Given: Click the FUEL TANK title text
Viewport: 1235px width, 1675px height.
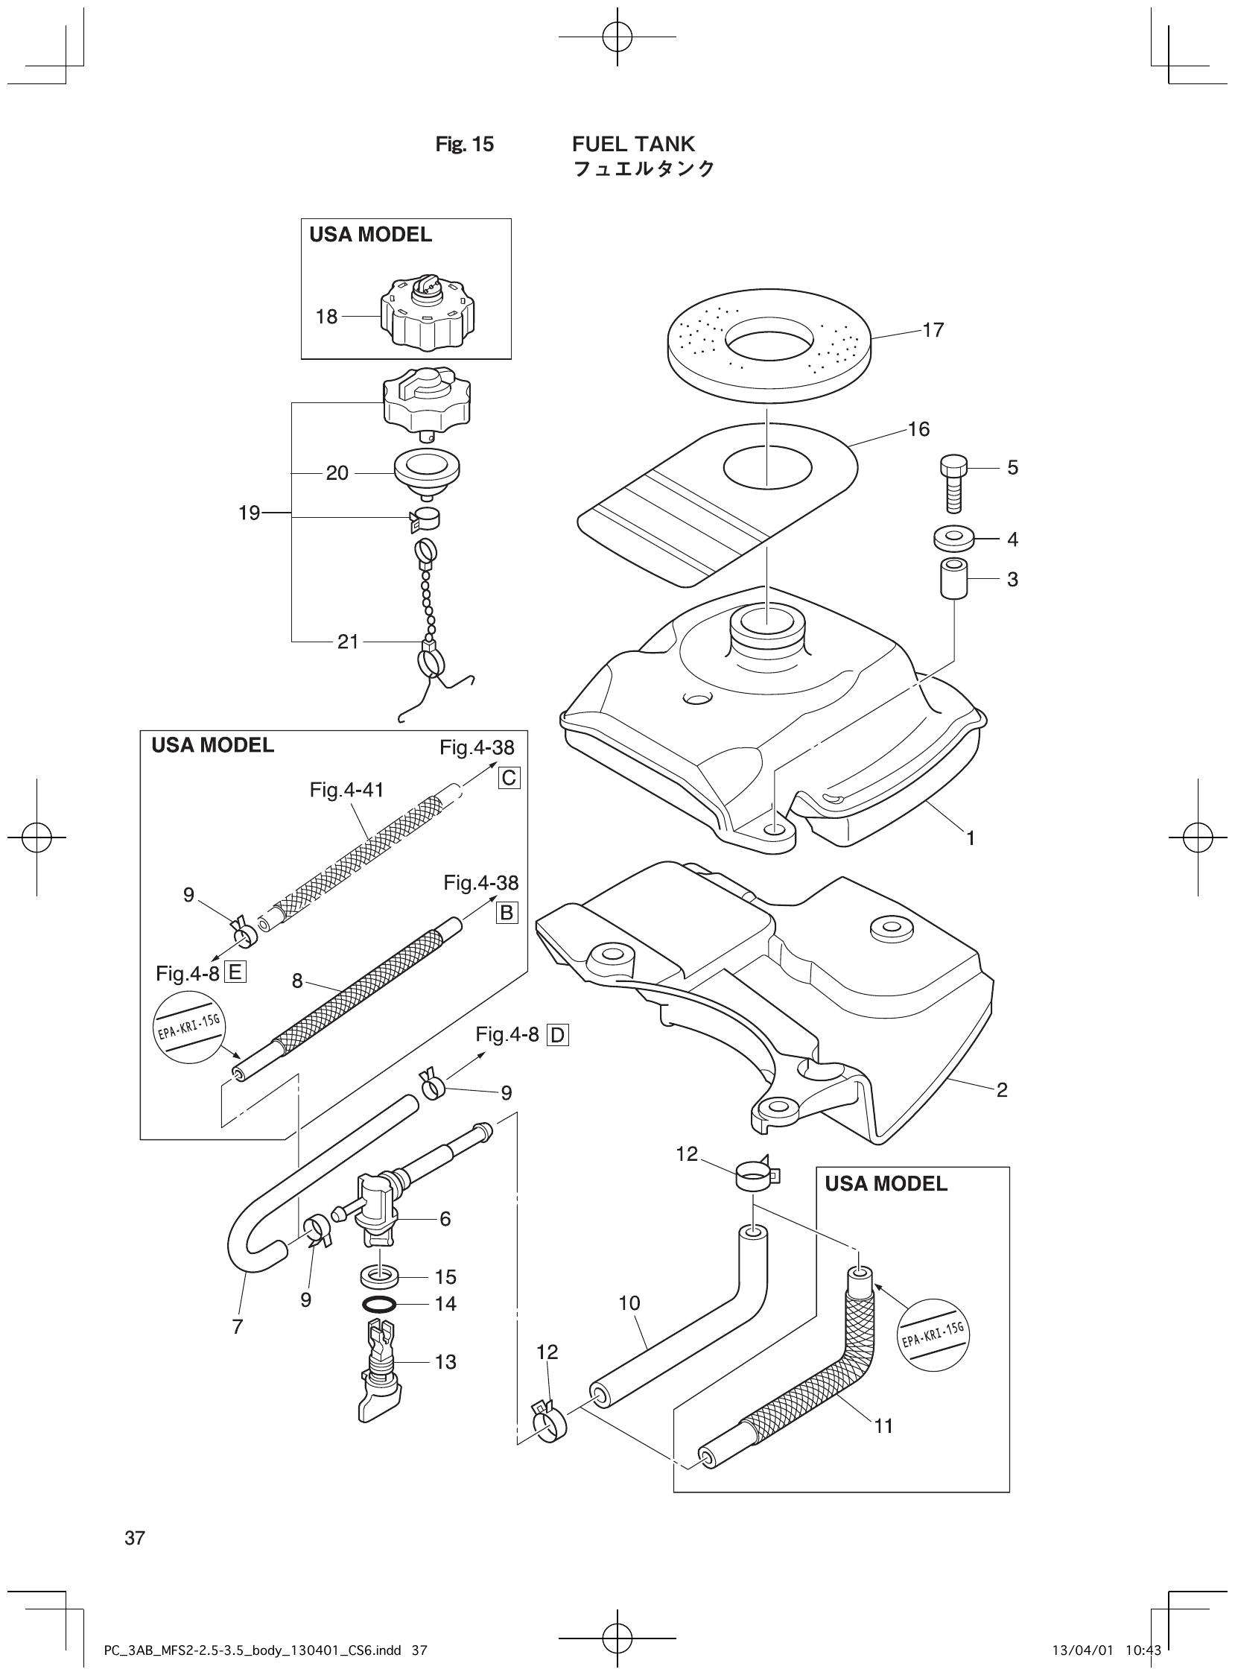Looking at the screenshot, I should click(633, 144).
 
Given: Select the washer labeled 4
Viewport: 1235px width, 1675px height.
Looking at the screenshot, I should click(953, 538).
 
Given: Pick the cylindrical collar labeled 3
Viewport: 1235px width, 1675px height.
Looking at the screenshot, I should click(953, 578).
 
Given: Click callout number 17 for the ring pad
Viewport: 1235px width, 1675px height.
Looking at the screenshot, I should click(933, 330).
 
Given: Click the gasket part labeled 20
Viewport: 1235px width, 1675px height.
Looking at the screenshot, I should click(427, 472).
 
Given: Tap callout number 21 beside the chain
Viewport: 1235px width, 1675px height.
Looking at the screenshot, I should click(348, 642).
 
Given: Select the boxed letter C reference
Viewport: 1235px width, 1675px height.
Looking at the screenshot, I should click(508, 779).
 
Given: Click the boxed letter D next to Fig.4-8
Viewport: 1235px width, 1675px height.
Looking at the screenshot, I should click(558, 1035).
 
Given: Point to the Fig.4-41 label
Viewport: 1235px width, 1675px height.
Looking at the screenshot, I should click(347, 790).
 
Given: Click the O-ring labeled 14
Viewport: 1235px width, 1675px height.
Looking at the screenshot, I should click(379, 1304).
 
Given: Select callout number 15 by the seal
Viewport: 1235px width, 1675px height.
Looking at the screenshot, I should click(445, 1276).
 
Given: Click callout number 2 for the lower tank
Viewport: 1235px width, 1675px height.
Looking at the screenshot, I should click(1002, 1090).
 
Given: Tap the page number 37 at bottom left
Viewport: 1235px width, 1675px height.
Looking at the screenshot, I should click(135, 1538).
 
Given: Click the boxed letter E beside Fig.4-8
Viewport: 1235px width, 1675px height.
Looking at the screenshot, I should click(235, 973).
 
